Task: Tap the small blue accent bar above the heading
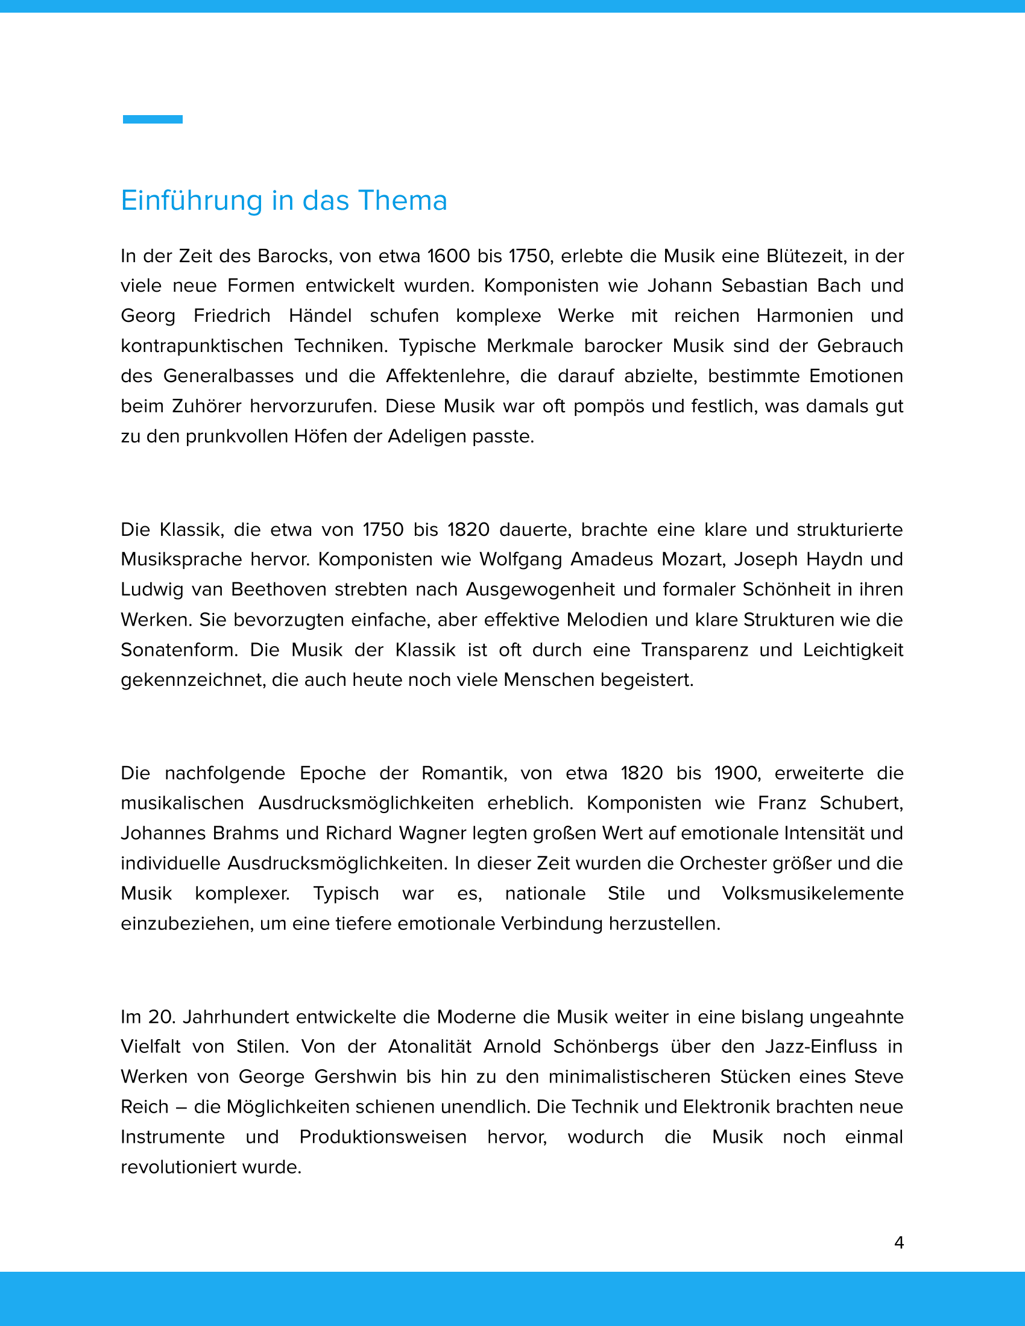point(153,119)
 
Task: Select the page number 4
point(899,1243)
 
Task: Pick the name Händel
point(320,316)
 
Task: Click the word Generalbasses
point(229,377)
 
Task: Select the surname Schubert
point(861,803)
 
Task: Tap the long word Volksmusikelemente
point(813,894)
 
